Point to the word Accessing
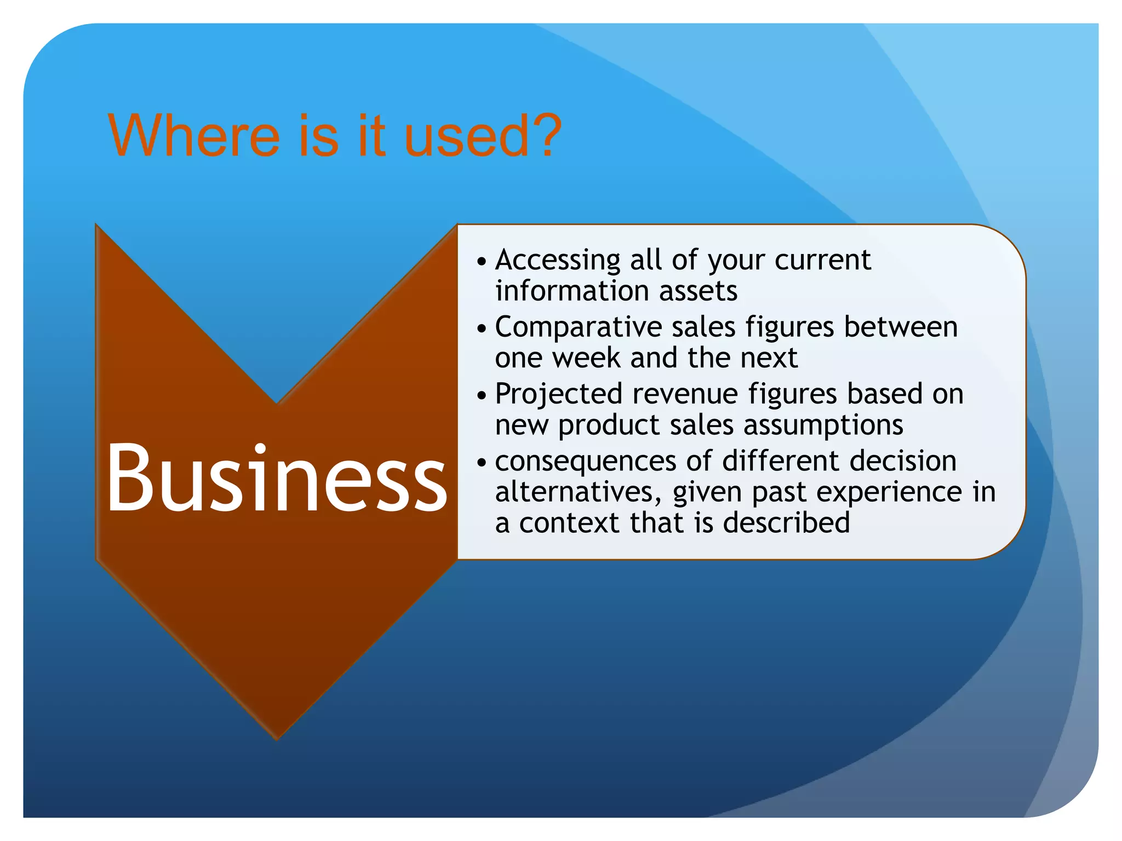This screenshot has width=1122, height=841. pyautogui.click(x=558, y=261)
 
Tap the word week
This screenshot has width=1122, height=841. pyautogui.click(x=586, y=358)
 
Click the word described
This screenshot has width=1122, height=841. pyautogui.click(x=786, y=523)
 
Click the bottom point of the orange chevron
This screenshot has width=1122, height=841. pyautogui.click(x=277, y=737)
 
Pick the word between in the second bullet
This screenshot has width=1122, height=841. pyautogui.click(x=900, y=327)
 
